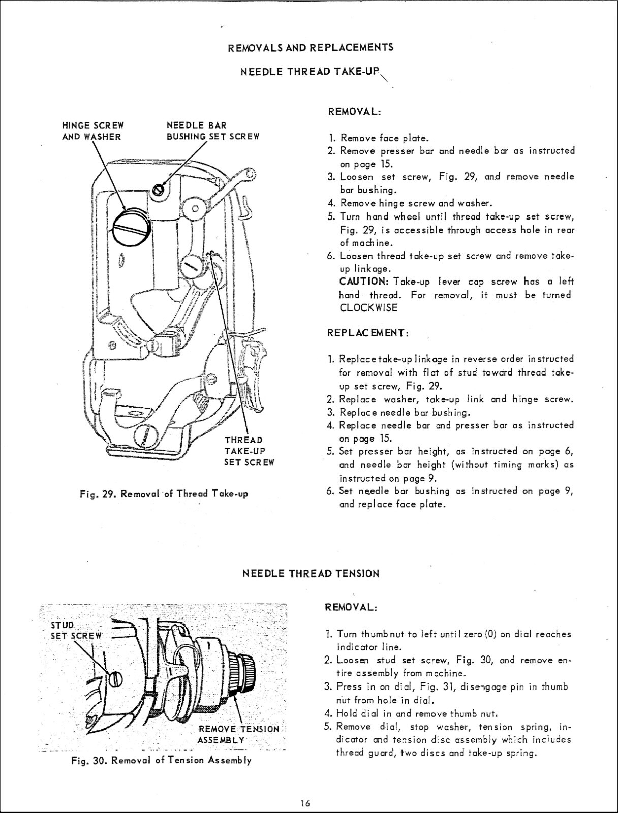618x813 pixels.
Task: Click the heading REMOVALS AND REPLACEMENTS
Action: (x=311, y=48)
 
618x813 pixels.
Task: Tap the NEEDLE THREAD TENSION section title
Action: (x=311, y=574)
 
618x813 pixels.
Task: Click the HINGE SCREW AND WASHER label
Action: (x=92, y=131)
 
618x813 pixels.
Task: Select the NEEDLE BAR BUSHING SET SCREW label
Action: (x=213, y=131)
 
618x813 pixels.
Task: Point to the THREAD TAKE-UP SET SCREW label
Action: (x=249, y=451)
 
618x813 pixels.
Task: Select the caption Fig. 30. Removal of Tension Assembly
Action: (x=162, y=761)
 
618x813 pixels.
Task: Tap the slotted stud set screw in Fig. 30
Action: (x=116, y=678)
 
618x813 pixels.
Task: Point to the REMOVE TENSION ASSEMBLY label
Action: (x=238, y=734)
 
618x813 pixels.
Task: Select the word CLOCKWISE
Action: (x=368, y=308)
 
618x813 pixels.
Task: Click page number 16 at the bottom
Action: (x=305, y=803)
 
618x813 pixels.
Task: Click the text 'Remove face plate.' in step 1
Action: (x=385, y=138)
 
